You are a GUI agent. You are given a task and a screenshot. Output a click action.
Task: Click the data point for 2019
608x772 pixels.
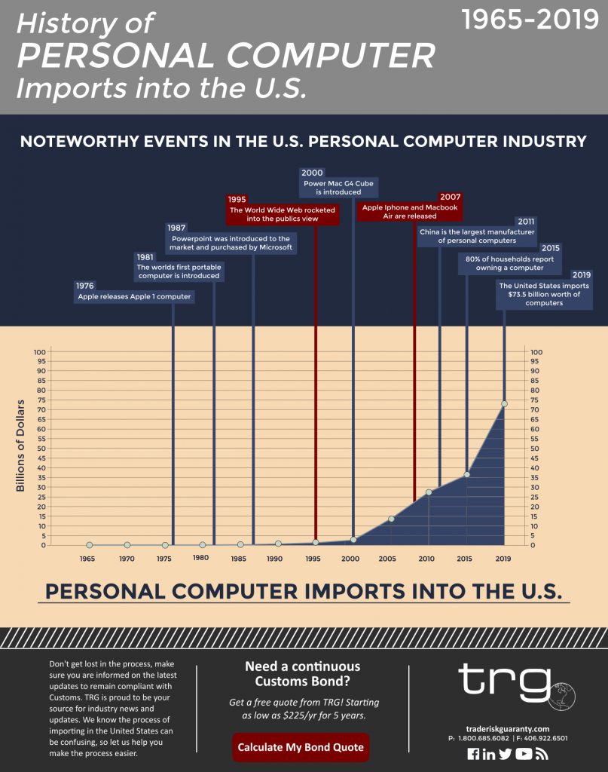click(x=504, y=404)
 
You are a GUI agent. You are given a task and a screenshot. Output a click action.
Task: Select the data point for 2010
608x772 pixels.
click(x=429, y=492)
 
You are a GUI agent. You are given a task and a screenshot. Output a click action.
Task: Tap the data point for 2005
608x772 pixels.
click(x=391, y=519)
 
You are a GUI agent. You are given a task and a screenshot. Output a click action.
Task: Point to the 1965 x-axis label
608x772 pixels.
click(x=87, y=559)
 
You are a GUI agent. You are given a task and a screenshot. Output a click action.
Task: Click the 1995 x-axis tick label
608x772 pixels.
click(x=313, y=559)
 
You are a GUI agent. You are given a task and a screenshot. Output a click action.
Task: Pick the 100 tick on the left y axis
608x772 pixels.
click(x=40, y=352)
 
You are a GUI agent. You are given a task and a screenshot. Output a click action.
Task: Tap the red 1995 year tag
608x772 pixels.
click(x=237, y=200)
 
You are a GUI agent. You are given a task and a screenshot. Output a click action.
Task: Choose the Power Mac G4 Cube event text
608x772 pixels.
click(x=338, y=187)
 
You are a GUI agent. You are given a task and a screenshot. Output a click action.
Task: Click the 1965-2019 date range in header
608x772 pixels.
click(x=530, y=20)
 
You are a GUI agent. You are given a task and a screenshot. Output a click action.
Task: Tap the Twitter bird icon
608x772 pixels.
click(x=505, y=754)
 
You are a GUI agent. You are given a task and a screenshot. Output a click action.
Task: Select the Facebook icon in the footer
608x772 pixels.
click(x=473, y=754)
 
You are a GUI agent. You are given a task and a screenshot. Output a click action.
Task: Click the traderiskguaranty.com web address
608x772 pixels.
click(x=509, y=729)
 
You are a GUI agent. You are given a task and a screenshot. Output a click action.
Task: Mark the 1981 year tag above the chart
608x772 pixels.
click(x=145, y=256)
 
